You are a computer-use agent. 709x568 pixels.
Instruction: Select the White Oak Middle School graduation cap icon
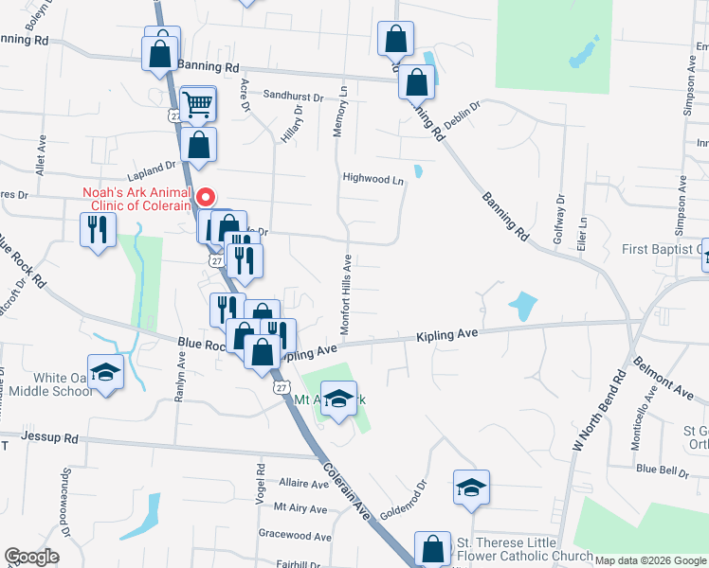(105, 372)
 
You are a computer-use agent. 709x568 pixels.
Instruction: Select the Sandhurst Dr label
(294, 96)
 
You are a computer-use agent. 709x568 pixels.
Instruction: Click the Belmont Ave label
(664, 376)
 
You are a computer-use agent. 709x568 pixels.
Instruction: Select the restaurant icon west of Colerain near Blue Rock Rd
(98, 229)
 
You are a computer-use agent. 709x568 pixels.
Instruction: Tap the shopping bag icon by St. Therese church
(432, 548)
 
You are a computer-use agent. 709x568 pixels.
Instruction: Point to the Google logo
(32, 557)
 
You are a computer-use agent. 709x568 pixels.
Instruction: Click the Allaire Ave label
(303, 483)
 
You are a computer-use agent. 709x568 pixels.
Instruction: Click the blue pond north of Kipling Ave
(521, 306)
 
